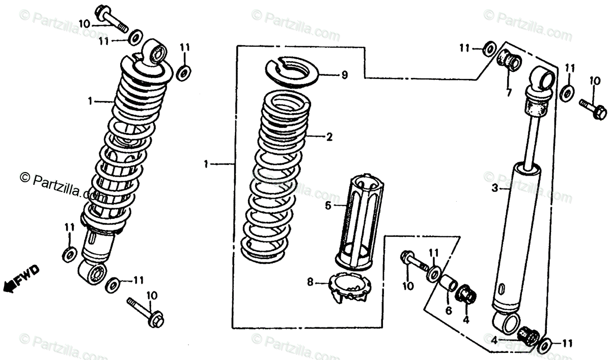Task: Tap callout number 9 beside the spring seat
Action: tap(344, 75)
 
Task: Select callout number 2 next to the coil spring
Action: tap(329, 136)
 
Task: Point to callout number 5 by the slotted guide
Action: tap(328, 205)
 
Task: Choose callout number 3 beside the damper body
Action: tap(493, 188)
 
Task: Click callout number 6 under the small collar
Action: tap(448, 310)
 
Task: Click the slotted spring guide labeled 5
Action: tap(356, 219)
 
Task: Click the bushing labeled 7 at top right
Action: tap(508, 61)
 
